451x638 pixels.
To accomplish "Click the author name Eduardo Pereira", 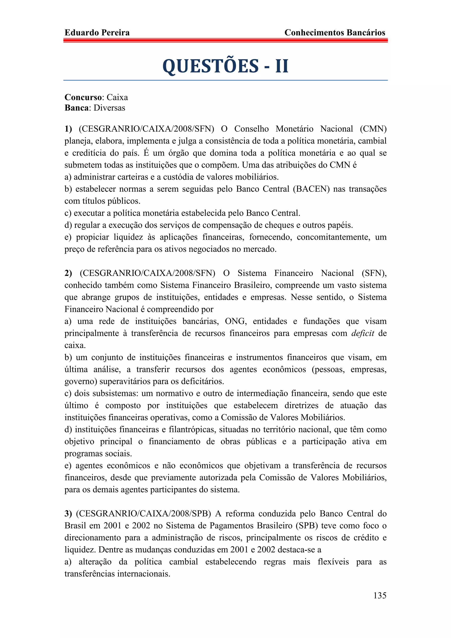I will pyautogui.click(x=97, y=33).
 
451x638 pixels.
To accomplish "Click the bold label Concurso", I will pyautogui.click(x=83, y=97).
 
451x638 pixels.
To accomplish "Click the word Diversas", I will pyautogui.click(x=109, y=108).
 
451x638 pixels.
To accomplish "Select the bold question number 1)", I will pyautogui.click(x=68, y=129).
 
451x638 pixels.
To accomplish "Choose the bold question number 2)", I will pyautogui.click(x=68, y=273).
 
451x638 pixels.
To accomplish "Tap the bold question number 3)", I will pyautogui.click(x=68, y=514).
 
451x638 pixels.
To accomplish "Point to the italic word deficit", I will pyautogui.click(x=363, y=333).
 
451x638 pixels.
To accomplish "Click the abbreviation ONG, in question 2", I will pyautogui.click(x=236, y=321).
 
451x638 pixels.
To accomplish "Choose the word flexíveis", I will pyautogui.click(x=333, y=562).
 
